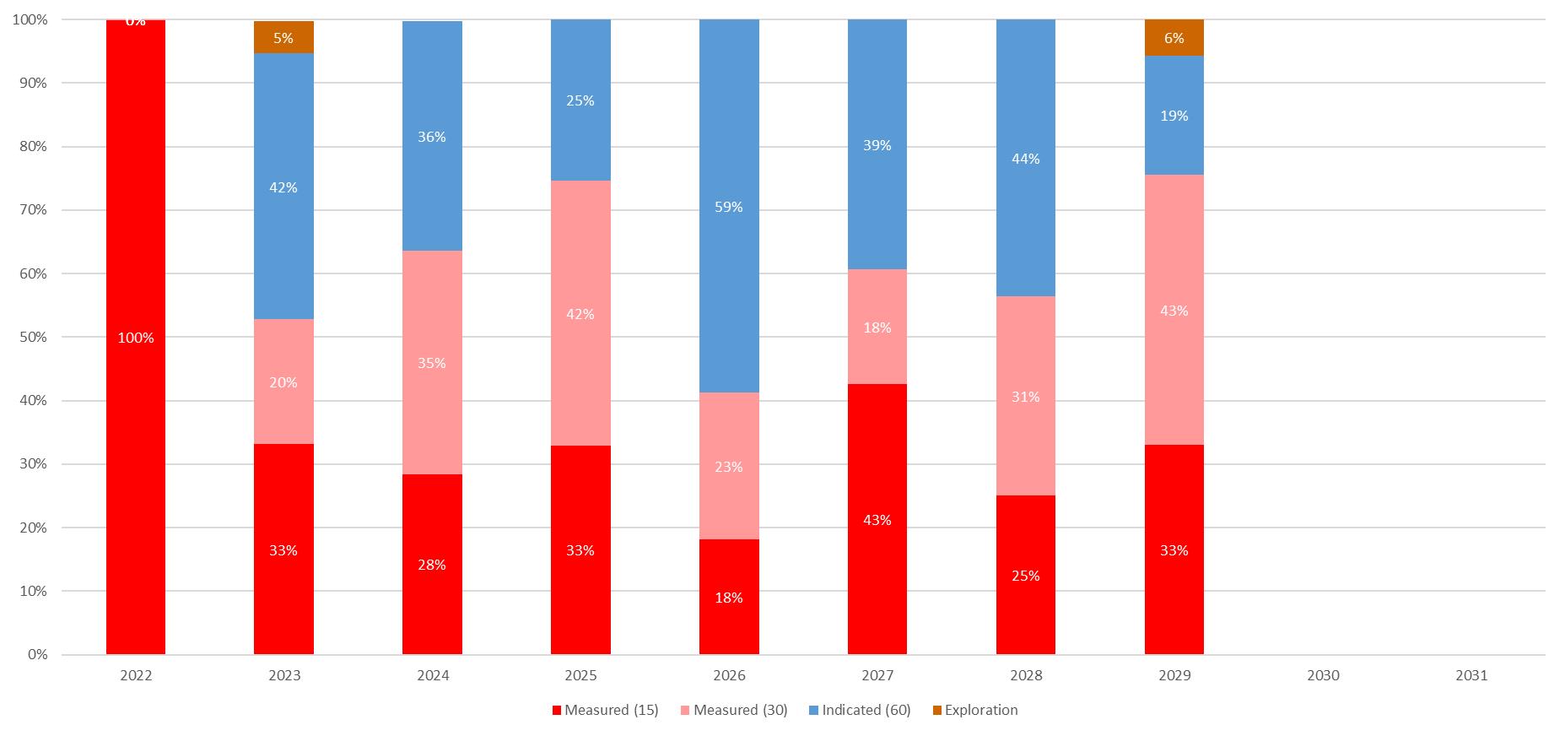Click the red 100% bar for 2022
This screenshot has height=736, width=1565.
click(x=136, y=338)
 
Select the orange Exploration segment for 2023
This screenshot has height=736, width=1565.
click(x=283, y=38)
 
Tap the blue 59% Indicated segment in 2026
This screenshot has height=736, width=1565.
click(x=729, y=206)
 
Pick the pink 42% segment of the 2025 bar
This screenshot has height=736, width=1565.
click(x=580, y=313)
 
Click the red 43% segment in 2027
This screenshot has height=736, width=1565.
click(x=877, y=519)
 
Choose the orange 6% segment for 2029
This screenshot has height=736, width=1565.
click(x=1174, y=38)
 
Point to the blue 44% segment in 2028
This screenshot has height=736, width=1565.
click(x=1026, y=158)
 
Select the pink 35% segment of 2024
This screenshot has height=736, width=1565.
click(x=432, y=362)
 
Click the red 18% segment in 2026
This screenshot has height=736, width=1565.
click(x=729, y=597)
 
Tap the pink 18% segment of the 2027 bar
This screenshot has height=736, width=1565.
click(x=877, y=327)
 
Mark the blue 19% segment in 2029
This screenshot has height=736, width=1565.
click(x=1174, y=116)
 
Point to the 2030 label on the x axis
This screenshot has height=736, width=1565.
click(x=1323, y=675)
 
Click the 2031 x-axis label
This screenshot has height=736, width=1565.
click(x=1471, y=675)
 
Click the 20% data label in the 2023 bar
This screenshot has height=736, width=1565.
click(x=283, y=382)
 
